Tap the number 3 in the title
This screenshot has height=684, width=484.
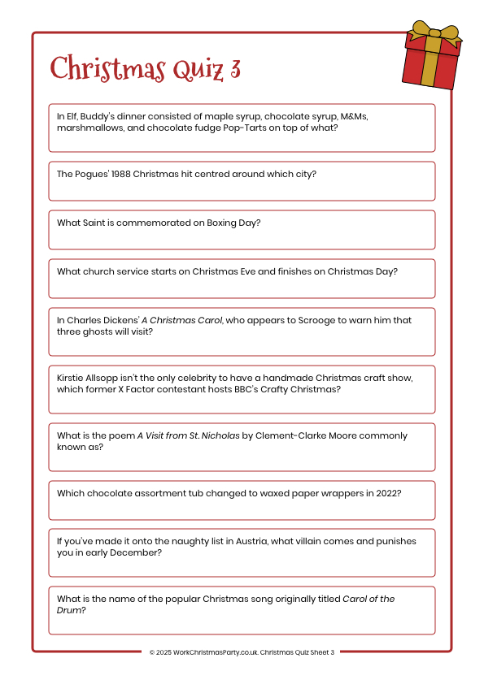pos(234,68)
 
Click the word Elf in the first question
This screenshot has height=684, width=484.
pos(73,116)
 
